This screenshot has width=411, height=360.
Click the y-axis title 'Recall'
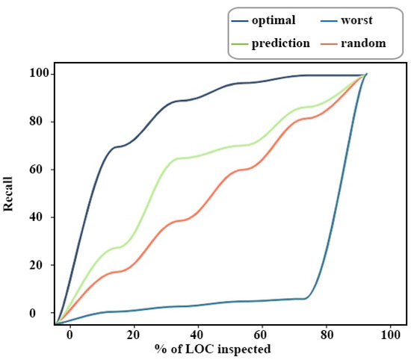pos(9,192)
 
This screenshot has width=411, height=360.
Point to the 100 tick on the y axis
pos(37,74)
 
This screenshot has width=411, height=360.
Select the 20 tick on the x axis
pos(133,334)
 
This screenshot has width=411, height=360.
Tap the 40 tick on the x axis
pos(197,334)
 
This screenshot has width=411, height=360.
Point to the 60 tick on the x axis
pos(261,334)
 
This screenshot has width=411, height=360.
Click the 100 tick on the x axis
pos(386,334)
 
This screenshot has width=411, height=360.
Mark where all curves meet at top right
pos(366,74)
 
